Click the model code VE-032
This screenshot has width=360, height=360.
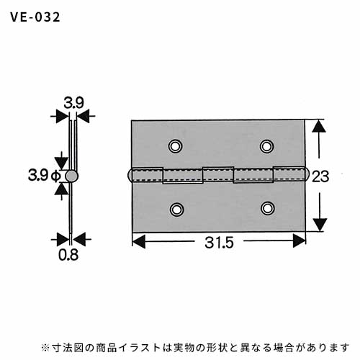35,17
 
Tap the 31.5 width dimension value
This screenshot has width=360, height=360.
219,243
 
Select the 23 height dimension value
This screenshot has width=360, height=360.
320,176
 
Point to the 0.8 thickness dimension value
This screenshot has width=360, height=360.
68,255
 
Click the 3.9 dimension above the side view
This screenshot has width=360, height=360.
73,103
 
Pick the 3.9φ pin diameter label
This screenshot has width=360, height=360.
45,175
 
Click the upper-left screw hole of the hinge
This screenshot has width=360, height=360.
176,145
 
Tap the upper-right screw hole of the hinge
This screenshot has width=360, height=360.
266,146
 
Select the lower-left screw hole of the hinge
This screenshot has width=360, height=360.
177,210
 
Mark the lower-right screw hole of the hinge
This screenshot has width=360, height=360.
268,208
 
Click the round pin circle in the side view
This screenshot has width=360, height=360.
71,176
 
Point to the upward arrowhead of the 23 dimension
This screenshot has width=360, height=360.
319,126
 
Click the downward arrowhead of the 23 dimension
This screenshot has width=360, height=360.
320,225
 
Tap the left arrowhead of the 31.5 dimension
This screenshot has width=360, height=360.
139,241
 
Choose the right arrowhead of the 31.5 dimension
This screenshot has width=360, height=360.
300,240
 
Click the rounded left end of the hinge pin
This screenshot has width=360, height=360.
130,175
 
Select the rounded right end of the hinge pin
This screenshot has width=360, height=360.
307,174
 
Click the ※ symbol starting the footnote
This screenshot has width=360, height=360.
45,347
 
